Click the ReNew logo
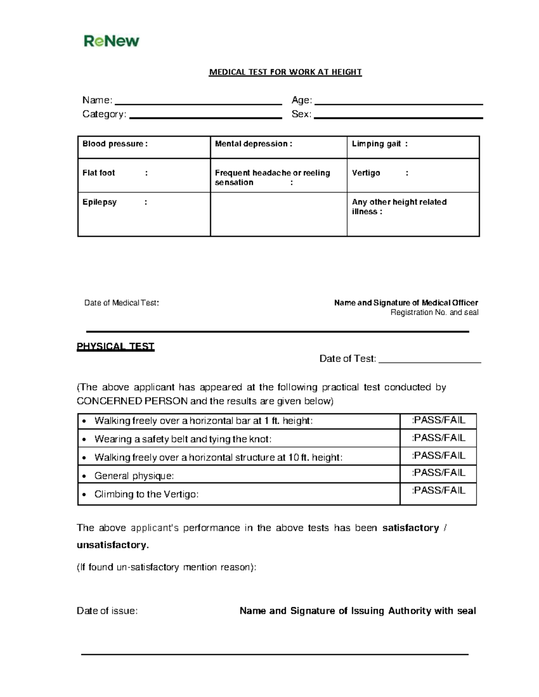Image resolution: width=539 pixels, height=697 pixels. click(x=111, y=41)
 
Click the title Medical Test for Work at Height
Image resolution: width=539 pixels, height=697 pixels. click(x=285, y=72)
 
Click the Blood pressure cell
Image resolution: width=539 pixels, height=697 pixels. click(x=115, y=144)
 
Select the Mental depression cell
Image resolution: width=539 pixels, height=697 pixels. click(x=253, y=144)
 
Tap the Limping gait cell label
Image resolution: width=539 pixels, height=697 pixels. click(x=380, y=144)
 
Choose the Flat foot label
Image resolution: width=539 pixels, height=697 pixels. click(x=99, y=173)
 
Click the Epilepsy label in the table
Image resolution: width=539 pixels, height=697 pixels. click(x=100, y=202)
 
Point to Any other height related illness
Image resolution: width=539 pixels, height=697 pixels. click(x=399, y=207)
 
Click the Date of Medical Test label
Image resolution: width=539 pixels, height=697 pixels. click(x=121, y=303)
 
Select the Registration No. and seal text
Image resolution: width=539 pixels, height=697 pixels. click(x=434, y=312)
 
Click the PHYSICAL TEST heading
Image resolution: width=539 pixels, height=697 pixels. click(x=115, y=346)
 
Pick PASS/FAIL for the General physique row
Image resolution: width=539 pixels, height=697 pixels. click(x=438, y=473)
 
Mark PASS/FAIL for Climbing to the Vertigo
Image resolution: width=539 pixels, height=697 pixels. click(x=438, y=491)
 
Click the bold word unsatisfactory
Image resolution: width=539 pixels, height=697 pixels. click(x=112, y=545)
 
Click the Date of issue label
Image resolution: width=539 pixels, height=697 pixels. click(x=107, y=611)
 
